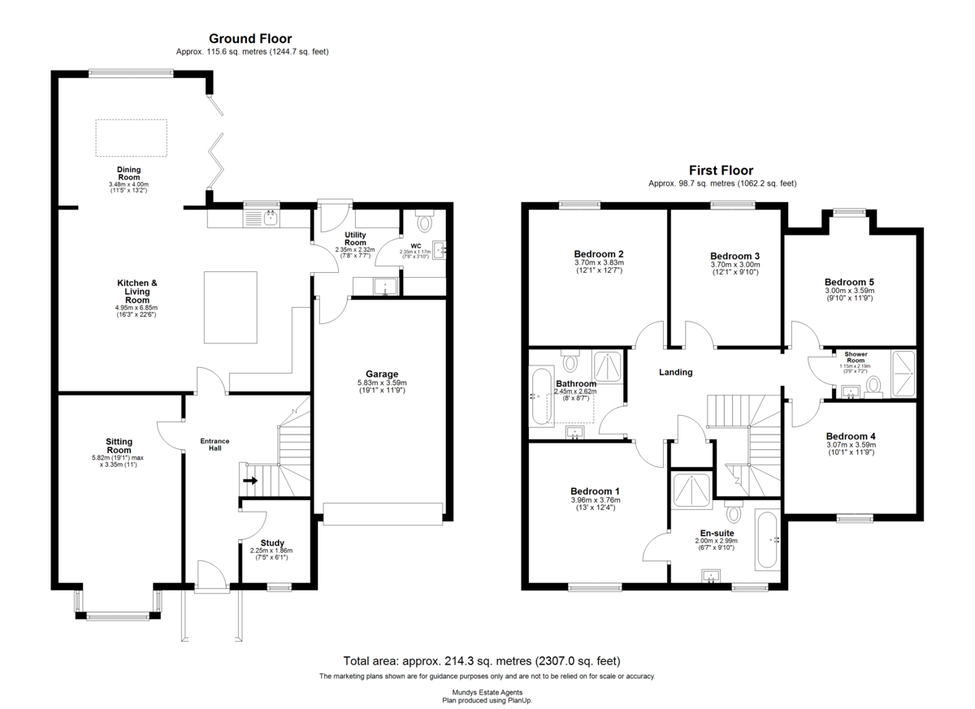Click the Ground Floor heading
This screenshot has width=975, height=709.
250,39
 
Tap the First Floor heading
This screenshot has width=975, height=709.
721,171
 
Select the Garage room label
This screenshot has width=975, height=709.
382,374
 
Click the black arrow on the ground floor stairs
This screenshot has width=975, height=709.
250,481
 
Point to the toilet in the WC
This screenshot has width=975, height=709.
425,221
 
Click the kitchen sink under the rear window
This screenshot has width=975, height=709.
262,218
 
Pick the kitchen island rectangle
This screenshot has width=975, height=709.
231,308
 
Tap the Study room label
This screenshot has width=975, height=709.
272,543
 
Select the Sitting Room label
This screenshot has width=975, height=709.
119,446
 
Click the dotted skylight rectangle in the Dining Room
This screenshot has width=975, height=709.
131,138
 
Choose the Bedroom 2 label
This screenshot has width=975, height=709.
599,254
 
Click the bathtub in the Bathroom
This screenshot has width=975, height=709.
541,396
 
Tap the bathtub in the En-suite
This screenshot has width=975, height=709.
767,540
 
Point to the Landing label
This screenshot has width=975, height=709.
675,372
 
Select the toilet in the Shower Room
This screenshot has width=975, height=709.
873,387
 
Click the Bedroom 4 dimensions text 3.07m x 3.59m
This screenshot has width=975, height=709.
851,445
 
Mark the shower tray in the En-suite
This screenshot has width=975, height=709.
692,491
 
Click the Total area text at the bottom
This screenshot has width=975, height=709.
482,661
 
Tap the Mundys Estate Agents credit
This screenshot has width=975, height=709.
487,693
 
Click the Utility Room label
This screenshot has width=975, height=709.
355,239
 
